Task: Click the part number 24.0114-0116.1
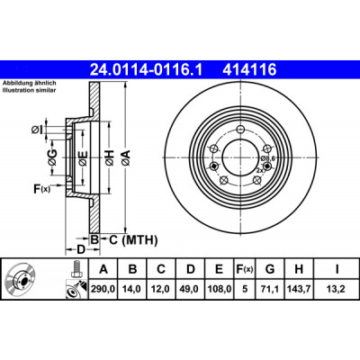click(x=147, y=70)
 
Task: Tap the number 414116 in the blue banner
click(x=249, y=70)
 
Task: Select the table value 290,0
click(x=103, y=289)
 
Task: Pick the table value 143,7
click(x=299, y=289)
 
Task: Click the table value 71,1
click(x=270, y=289)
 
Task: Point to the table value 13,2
click(x=337, y=289)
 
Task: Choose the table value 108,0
click(x=219, y=289)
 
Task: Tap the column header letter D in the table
click(x=191, y=269)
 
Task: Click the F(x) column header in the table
click(x=245, y=269)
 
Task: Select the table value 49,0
click(x=190, y=289)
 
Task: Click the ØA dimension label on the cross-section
click(x=126, y=157)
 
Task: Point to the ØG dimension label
click(x=52, y=157)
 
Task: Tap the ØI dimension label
click(x=37, y=130)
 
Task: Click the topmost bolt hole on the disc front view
click(x=240, y=130)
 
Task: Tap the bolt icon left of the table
click(x=76, y=269)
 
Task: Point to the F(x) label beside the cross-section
click(x=41, y=189)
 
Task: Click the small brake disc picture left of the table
click(x=21, y=279)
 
